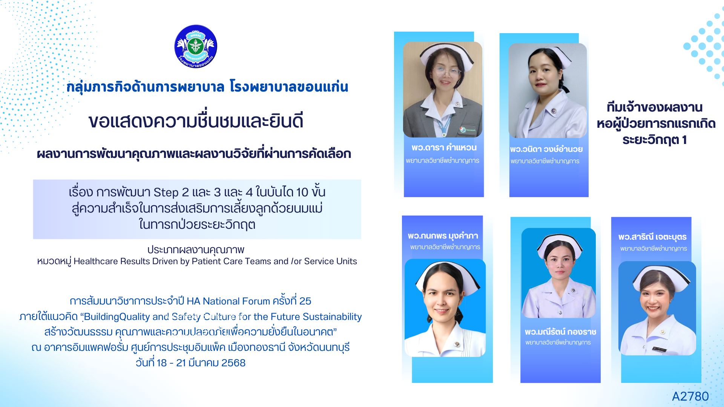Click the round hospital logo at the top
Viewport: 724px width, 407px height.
[196, 46]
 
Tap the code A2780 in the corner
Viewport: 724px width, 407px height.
[690, 396]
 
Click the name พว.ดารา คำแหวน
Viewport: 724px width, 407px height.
[444, 147]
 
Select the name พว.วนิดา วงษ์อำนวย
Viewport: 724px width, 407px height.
[546, 149]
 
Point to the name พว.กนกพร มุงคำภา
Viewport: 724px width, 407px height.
[443, 236]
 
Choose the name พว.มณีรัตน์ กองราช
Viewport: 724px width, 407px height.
[560, 332]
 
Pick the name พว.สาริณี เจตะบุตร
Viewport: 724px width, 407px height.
[652, 237]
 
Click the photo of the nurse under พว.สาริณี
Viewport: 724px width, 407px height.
[657, 308]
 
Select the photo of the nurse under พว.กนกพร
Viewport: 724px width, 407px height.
[445, 308]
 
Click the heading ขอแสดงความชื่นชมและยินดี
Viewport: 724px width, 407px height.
[196, 121]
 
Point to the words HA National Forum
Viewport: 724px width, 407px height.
[228, 301]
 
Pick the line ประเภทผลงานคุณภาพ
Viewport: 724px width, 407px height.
[196, 250]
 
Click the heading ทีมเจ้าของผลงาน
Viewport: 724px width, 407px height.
[655, 107]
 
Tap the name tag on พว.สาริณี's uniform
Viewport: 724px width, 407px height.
[660, 349]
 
